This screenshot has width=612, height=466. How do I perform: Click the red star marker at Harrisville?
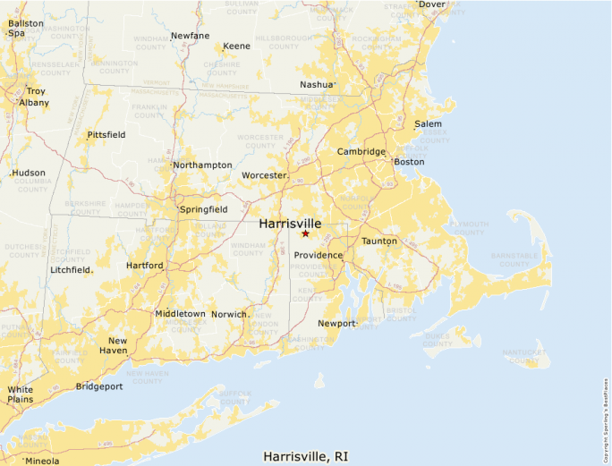tap(305, 233)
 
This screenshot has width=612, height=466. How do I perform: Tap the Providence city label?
tap(318, 255)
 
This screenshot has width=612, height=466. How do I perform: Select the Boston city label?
tap(409, 162)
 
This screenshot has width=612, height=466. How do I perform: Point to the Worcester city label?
tap(264, 175)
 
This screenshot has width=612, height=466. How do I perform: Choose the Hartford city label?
tap(145, 266)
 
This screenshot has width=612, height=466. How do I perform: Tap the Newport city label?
tap(336, 323)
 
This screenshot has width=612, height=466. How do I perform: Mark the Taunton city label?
tap(378, 241)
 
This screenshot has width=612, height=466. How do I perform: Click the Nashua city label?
tap(316, 85)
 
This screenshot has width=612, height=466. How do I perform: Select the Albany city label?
tap(35, 103)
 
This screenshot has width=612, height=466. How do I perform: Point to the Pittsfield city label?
tap(106, 135)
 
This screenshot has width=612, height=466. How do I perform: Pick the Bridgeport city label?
tap(100, 386)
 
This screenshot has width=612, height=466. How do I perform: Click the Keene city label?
tap(236, 46)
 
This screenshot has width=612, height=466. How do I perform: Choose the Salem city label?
tap(428, 123)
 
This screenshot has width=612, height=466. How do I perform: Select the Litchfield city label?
tap(71, 269)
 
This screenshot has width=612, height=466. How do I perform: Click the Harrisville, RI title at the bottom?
tap(306, 456)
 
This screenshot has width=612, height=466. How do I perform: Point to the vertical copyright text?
tap(606, 417)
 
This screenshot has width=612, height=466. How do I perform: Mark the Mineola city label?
tap(42, 461)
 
